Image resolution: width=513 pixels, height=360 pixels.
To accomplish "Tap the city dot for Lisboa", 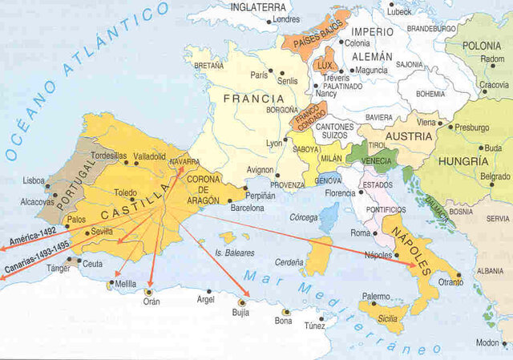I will [x=51, y=185].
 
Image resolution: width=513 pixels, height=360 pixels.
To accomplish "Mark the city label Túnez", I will [x=314, y=325].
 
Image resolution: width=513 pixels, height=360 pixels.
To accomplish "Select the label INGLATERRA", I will [x=259, y=7].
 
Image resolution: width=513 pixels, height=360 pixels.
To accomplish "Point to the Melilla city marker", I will [x=111, y=283].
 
